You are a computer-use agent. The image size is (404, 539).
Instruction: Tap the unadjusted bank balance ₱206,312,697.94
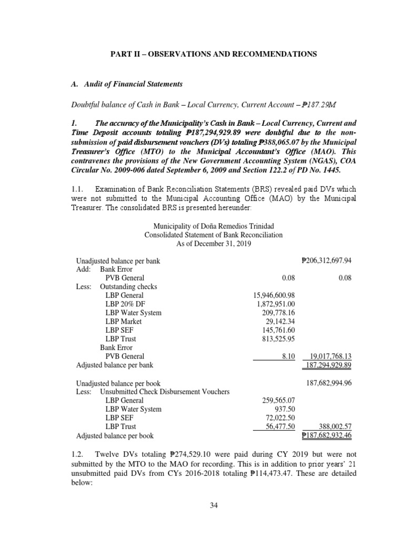click(326, 261)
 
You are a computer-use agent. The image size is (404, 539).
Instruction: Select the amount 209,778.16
click(278, 313)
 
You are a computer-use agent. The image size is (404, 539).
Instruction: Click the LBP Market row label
click(125, 321)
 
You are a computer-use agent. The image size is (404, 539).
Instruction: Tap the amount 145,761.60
click(278, 330)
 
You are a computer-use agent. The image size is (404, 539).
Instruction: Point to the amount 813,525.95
click(278, 338)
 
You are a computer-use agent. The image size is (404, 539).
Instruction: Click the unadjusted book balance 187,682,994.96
click(329, 383)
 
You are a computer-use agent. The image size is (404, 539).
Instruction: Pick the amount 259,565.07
click(278, 401)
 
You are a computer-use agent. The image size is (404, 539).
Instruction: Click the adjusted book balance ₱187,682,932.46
click(326, 436)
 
